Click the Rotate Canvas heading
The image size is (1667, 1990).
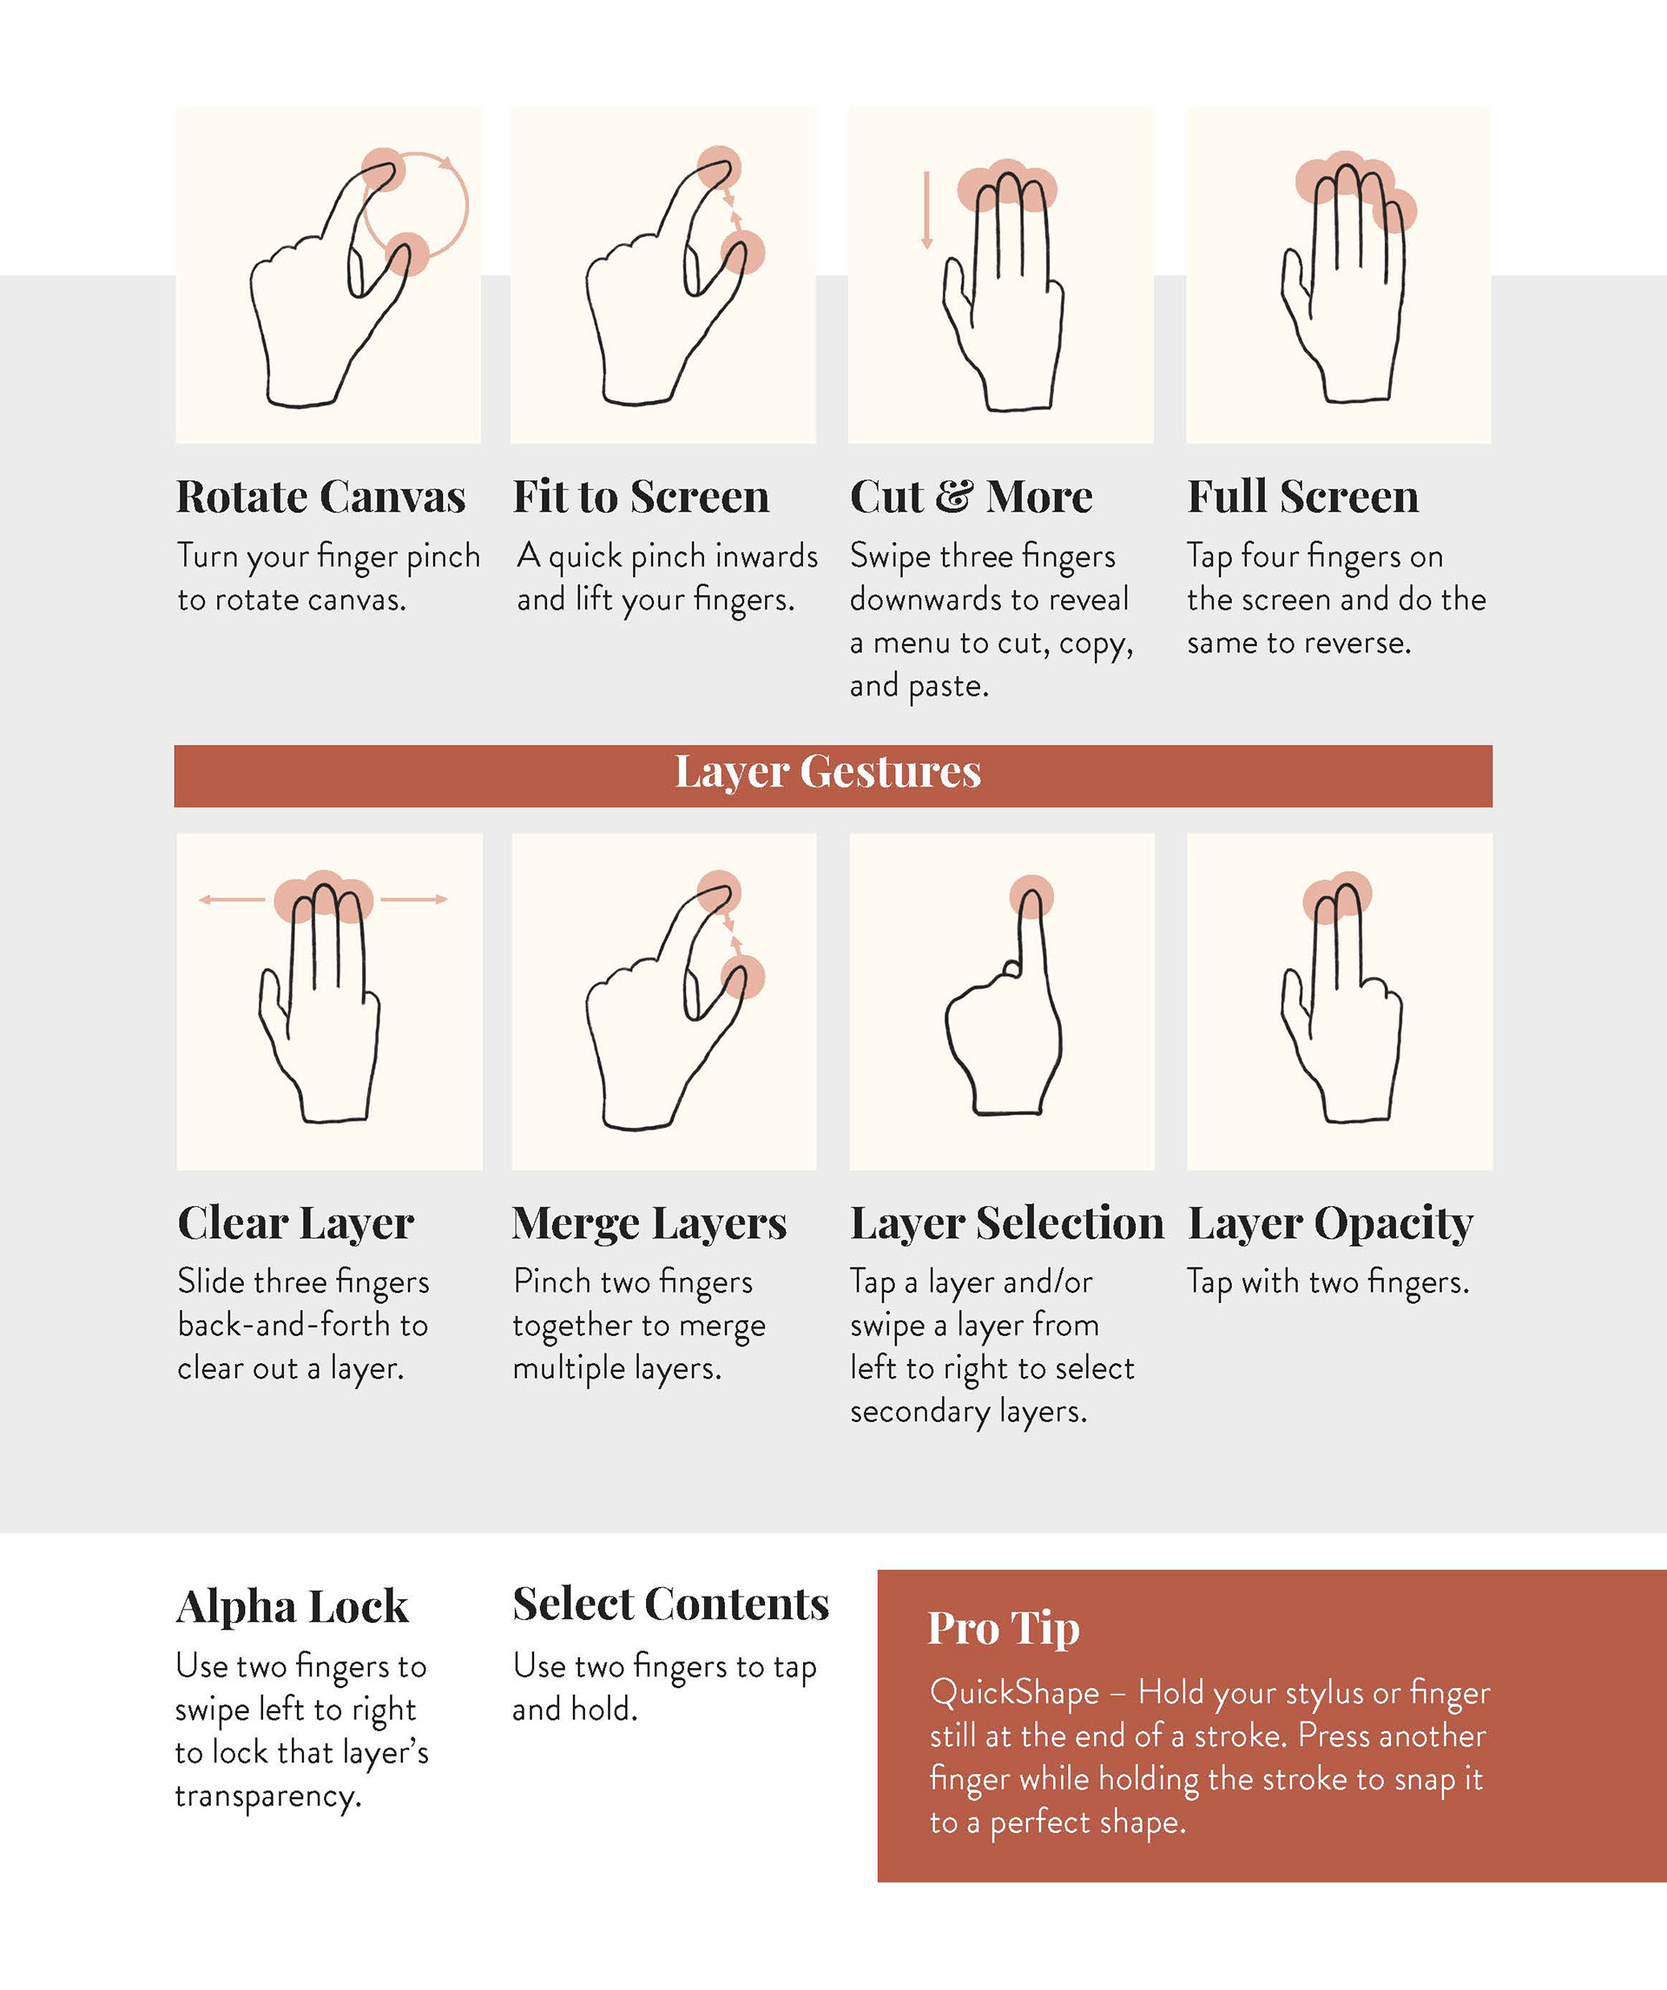(x=320, y=497)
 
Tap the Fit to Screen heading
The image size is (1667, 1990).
(x=641, y=497)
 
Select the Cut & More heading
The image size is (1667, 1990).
(x=971, y=497)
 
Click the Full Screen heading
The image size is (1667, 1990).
(x=1303, y=497)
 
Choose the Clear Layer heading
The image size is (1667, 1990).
(x=296, y=1222)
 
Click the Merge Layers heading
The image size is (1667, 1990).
(x=649, y=1222)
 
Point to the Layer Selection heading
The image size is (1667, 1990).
(x=1006, y=1222)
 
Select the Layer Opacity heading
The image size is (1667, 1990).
(x=1331, y=1222)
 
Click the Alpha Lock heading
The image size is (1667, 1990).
(x=292, y=1607)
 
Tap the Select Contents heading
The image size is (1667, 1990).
(x=671, y=1605)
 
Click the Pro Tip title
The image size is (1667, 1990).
(x=1004, y=1628)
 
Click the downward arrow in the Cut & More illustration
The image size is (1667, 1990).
(x=927, y=210)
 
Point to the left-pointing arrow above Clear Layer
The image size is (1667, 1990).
(x=232, y=899)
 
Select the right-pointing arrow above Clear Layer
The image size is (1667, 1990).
(x=414, y=899)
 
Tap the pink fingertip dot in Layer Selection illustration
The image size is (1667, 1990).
(x=1032, y=896)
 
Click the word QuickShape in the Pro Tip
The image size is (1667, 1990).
(x=1014, y=1692)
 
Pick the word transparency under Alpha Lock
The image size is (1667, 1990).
(x=268, y=1796)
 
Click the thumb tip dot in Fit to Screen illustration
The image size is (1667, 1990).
(x=743, y=253)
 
